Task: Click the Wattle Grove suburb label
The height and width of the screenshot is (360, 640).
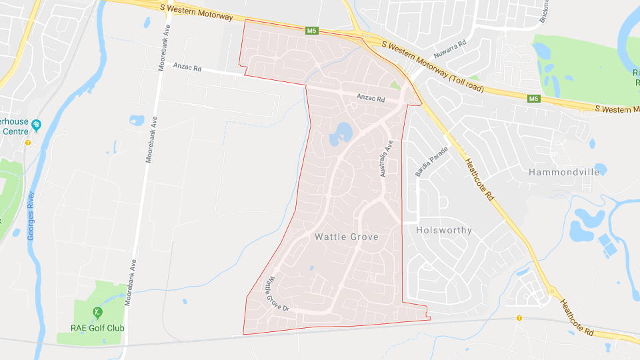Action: coord(346,237)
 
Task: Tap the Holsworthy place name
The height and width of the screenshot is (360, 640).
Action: coord(443,230)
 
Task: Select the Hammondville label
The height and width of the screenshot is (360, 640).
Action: coord(563,172)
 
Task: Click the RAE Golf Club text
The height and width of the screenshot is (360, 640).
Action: coord(97,328)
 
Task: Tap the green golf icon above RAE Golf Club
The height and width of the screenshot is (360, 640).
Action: coord(97,312)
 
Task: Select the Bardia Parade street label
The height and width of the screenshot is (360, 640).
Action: coord(431,161)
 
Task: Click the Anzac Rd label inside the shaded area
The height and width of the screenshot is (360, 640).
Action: coord(371,99)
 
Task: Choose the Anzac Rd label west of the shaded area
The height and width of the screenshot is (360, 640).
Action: coord(187,66)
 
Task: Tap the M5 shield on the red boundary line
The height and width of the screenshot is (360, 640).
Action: coord(311,31)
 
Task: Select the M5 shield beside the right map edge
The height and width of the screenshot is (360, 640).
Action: coord(533,99)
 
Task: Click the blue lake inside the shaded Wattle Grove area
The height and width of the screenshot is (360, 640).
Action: coord(341,132)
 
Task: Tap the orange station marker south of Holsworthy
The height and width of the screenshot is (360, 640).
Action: coord(519,318)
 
